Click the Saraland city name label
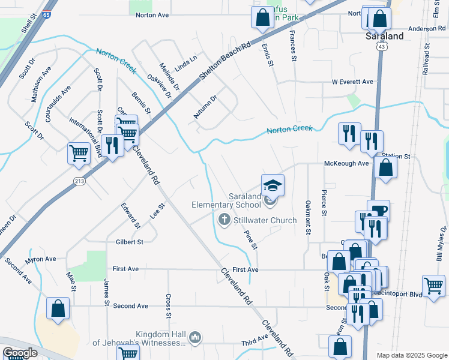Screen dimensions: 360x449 (x=384, y=36)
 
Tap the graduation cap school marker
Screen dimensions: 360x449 (x=273, y=185)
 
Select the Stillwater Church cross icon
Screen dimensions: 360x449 (x=224, y=220)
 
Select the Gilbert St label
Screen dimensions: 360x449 (x=129, y=242)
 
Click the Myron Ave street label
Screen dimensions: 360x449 (x=40, y=259)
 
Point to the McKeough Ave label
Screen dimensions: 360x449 (x=346, y=163)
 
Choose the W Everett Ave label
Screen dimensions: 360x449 (x=352, y=82)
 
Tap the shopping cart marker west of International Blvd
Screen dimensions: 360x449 (x=79, y=154)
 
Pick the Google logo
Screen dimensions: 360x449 (x=20, y=353)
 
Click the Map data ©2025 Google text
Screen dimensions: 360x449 (x=411, y=355)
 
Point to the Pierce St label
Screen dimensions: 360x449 (x=324, y=200)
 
